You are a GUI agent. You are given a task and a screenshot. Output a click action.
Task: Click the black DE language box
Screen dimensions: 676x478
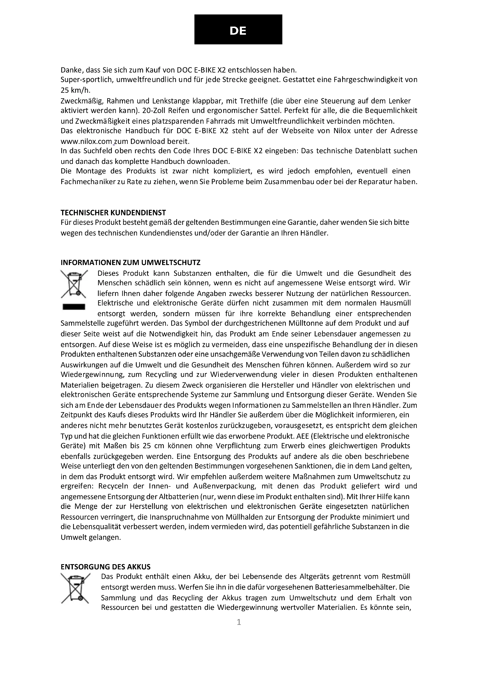(238, 29)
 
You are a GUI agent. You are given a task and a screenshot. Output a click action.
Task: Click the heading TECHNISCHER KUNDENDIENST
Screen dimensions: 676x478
(113, 212)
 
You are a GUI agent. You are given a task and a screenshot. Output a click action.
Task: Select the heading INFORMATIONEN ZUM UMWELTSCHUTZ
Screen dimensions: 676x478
(130, 262)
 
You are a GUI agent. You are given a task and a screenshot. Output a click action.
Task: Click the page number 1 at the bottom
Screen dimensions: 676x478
(239, 622)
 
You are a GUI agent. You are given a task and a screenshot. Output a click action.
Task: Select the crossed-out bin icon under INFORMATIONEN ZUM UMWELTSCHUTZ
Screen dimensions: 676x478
(74, 284)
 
